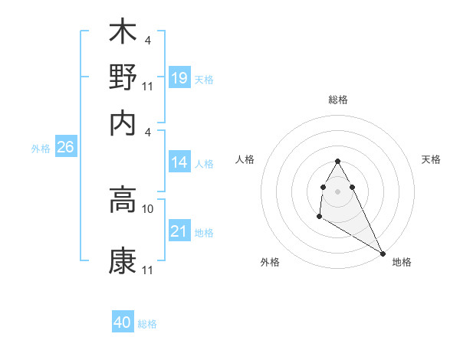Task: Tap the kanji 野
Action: [123, 77]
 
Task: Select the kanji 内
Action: [123, 121]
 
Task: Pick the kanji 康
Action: [123, 260]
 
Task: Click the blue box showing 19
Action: [179, 78]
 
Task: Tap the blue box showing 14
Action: [179, 162]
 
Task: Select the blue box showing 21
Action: [179, 231]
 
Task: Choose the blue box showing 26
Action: [65, 148]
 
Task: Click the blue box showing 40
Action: [123, 322]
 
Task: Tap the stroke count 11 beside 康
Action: [148, 270]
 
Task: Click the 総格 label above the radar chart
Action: [338, 100]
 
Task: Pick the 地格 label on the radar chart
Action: [402, 263]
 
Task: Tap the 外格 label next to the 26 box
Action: [41, 149]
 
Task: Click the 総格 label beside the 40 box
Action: [147, 324]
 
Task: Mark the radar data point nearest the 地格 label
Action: [383, 253]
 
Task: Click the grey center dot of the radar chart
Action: [337, 191]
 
